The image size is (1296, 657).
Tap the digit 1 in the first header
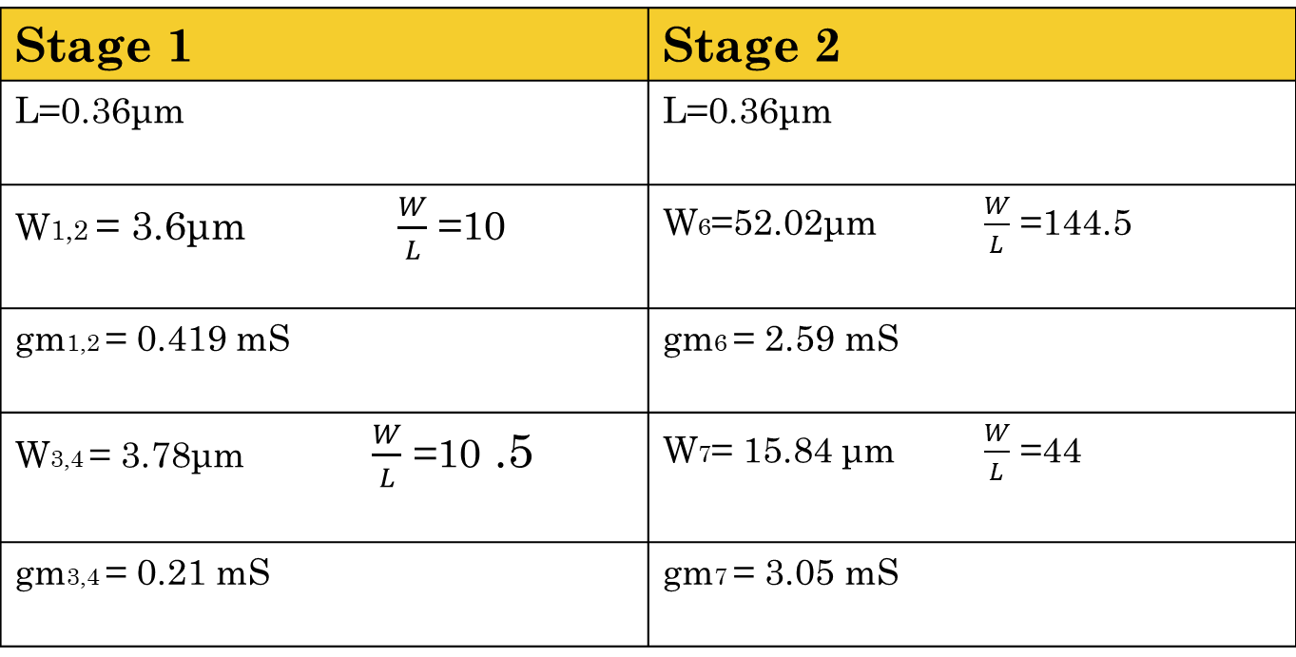[179, 46]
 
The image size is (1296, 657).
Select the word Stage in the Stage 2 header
[729, 46]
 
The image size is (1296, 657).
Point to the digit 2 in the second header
[826, 46]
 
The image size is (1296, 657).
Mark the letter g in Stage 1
[101, 52]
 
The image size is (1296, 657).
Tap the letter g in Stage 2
[748, 52]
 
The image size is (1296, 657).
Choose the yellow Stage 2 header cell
[1046, 45]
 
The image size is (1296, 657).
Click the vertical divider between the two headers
[648, 45]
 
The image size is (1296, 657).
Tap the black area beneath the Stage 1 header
[323, 361]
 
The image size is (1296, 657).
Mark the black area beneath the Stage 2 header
[970, 361]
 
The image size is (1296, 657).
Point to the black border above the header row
[647, 4]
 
